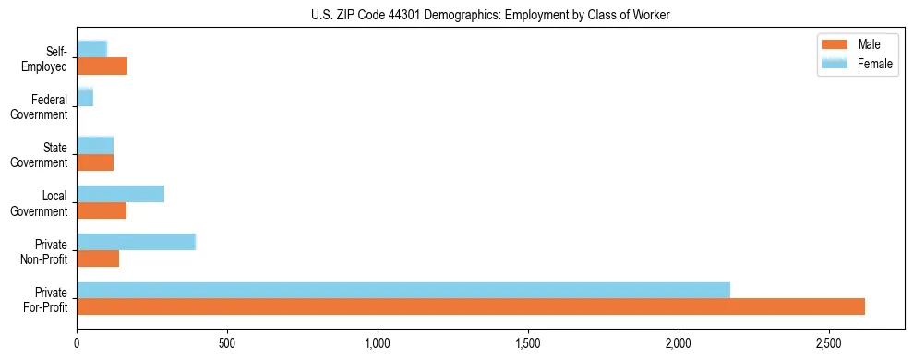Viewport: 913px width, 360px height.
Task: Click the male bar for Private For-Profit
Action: (471, 306)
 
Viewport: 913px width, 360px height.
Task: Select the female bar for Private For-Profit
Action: (403, 290)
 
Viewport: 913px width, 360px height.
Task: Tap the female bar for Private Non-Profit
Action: (137, 242)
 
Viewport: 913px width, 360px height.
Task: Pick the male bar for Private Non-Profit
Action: (98, 258)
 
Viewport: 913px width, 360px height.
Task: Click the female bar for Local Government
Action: (121, 194)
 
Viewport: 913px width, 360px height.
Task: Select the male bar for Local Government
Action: (102, 210)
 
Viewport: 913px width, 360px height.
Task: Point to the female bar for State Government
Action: (95, 145)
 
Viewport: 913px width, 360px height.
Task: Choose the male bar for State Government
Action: (95, 162)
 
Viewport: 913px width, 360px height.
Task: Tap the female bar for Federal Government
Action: (85, 97)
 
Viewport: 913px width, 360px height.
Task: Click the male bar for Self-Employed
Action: (102, 66)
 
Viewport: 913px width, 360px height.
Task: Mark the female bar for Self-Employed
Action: (92, 49)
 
